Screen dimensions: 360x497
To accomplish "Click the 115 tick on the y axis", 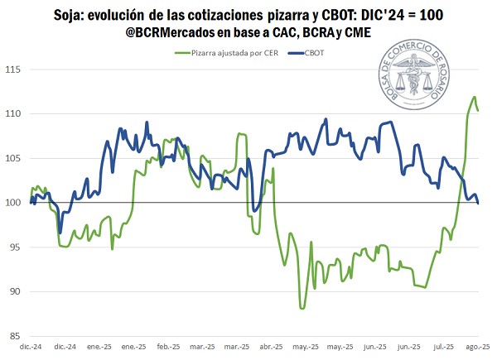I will [15, 69].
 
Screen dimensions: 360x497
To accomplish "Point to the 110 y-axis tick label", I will [15, 113].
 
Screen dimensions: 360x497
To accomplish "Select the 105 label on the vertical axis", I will [15, 158].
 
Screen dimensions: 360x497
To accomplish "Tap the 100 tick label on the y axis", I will [15, 203].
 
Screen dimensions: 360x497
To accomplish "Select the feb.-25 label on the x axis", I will [168, 346].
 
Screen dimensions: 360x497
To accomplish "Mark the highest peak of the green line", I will [474, 97].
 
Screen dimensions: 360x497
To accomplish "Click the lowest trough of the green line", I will [302, 309].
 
